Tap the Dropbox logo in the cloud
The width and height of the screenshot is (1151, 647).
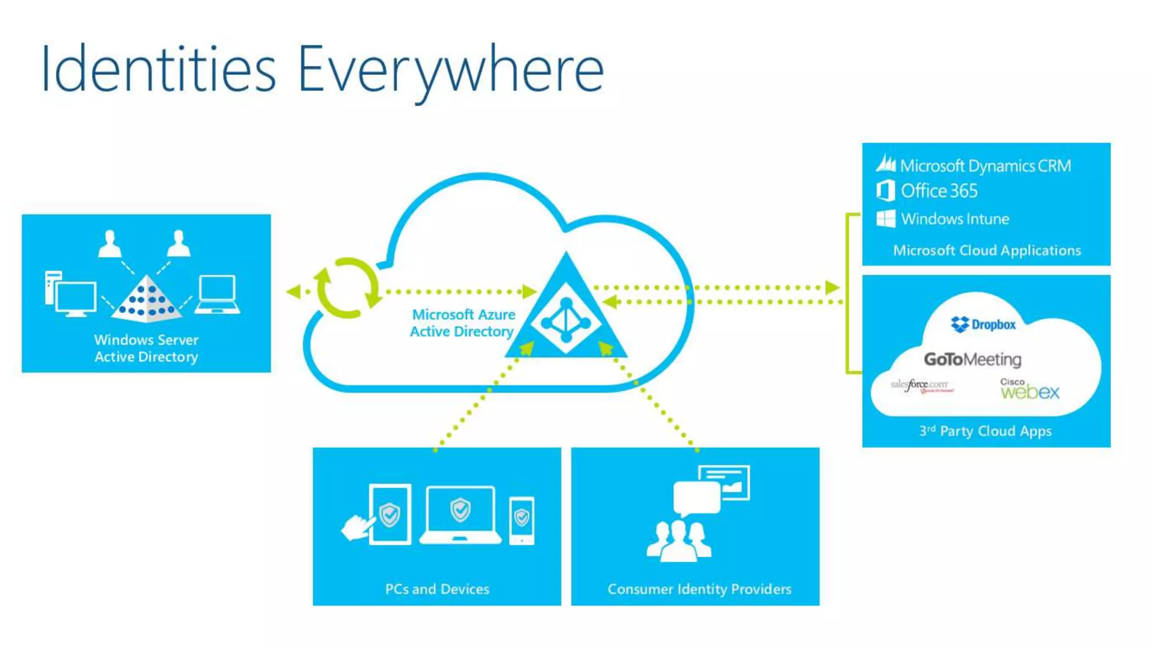click(983, 324)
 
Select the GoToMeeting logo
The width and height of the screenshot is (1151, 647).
click(972, 359)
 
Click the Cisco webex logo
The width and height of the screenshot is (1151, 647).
click(1029, 389)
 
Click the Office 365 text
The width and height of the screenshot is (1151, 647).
click(939, 191)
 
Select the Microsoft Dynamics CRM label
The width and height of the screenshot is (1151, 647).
click(985, 166)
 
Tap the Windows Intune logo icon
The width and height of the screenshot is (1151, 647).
click(886, 218)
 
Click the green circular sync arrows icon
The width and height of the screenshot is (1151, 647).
click(347, 288)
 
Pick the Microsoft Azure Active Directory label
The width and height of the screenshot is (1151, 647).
click(462, 323)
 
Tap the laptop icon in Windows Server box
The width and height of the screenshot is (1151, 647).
click(217, 294)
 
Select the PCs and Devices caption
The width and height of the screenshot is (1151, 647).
click(437, 589)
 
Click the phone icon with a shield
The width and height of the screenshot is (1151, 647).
click(522, 520)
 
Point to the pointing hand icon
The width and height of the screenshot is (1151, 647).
click(357, 527)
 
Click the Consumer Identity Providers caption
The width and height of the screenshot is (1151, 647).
click(699, 589)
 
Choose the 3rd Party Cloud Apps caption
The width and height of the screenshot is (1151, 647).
click(985, 431)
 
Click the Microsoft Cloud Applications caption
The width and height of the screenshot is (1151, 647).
click(987, 250)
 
